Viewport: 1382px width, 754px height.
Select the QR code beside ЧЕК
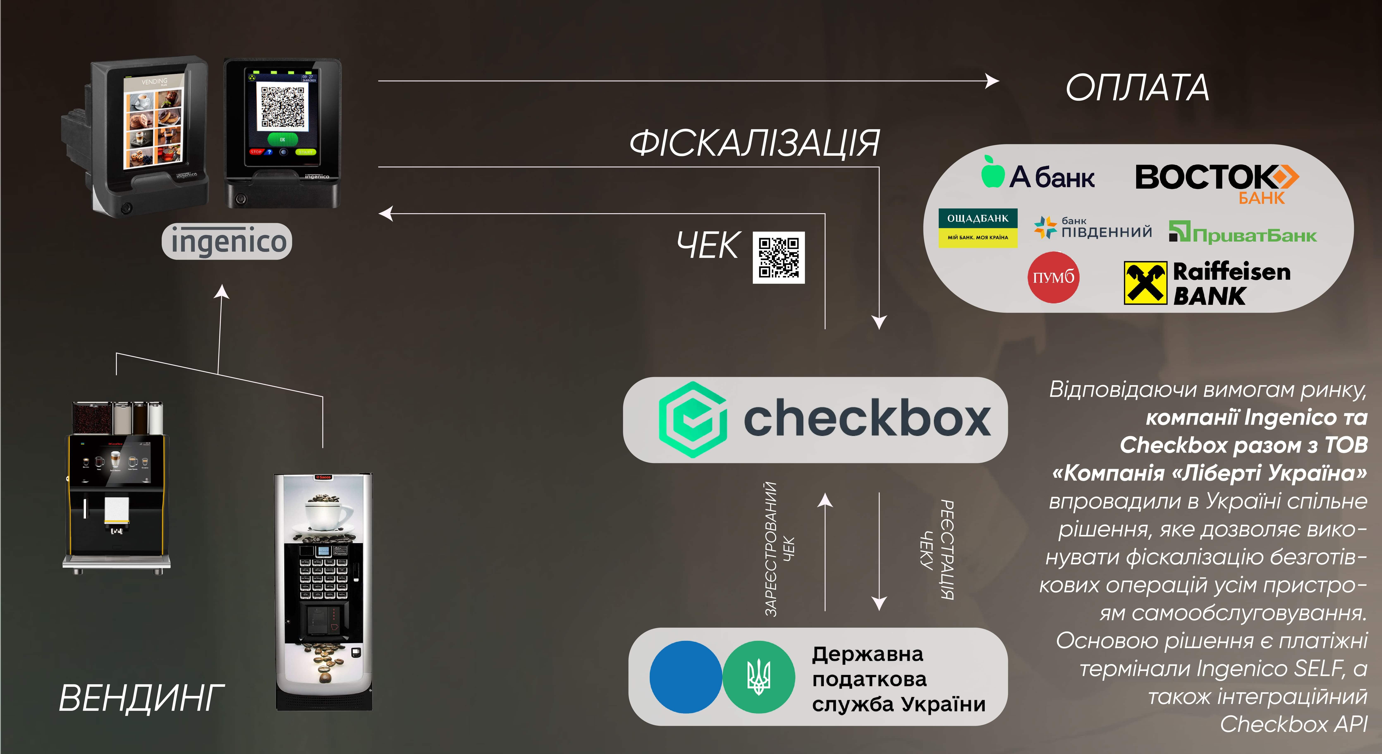(778, 258)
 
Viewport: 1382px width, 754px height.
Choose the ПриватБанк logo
(1242, 233)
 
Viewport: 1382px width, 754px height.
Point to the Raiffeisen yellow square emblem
(1145, 283)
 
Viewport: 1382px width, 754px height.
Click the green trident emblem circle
(759, 677)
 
